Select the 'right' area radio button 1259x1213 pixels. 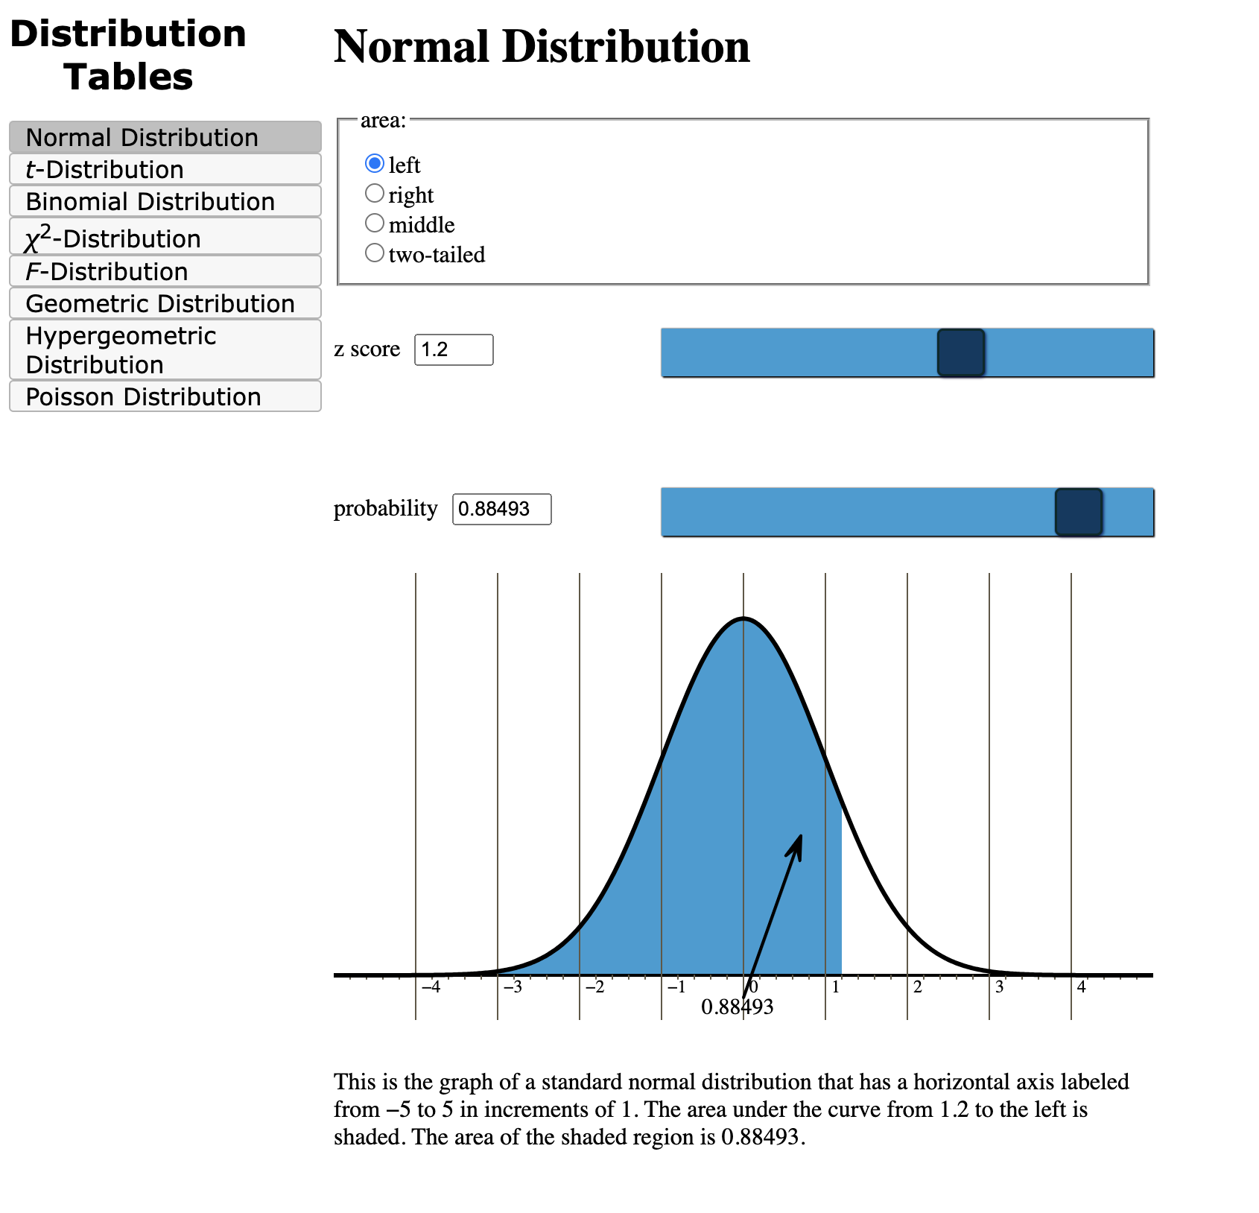click(x=375, y=194)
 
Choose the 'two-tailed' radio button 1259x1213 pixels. click(x=375, y=253)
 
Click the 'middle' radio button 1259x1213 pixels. click(x=375, y=224)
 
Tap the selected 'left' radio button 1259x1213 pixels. click(x=375, y=163)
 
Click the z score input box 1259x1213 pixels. click(x=454, y=349)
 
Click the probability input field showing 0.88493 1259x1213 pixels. click(x=501, y=509)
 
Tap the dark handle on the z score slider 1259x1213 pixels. click(x=960, y=352)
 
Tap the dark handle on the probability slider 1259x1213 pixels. click(x=1078, y=512)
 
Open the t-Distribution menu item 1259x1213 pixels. click(x=165, y=169)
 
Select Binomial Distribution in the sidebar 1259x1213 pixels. click(x=165, y=201)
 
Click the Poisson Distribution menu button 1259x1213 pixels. click(x=165, y=396)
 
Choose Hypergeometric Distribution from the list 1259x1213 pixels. click(x=165, y=350)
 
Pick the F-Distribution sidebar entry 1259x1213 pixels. click(x=165, y=271)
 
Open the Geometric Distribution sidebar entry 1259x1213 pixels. click(x=165, y=303)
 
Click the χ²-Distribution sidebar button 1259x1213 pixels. click(x=165, y=237)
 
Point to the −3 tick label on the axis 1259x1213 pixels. click(x=513, y=988)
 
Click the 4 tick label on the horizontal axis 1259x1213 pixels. click(x=1081, y=988)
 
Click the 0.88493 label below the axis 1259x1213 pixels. click(x=737, y=1007)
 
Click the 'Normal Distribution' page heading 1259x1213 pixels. click(x=542, y=47)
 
